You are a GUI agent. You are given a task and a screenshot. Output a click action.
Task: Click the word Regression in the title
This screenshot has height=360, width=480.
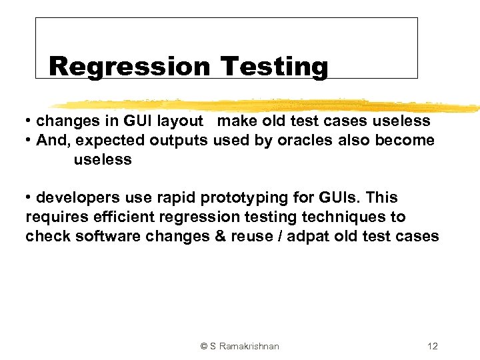(x=129, y=67)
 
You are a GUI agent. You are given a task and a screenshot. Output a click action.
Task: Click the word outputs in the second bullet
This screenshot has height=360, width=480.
(x=179, y=141)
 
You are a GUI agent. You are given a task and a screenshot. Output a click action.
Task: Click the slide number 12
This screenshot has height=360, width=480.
(x=433, y=346)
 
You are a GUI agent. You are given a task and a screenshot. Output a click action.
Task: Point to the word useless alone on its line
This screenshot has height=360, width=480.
(x=103, y=160)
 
